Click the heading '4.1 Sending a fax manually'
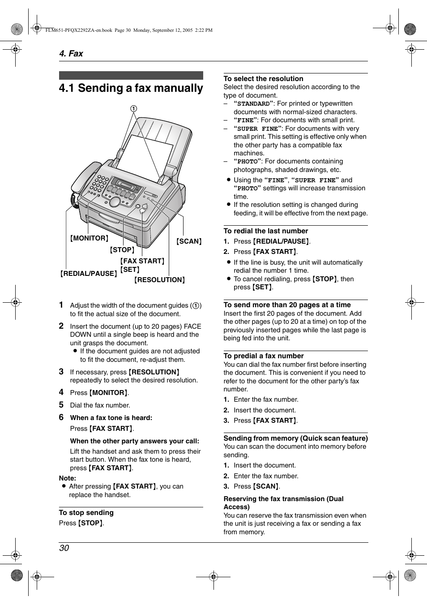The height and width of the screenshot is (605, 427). click(131, 88)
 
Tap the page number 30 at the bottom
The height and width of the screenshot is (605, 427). click(64, 548)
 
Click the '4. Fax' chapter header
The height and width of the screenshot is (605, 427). click(71, 53)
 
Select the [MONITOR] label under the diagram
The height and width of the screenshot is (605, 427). click(89, 238)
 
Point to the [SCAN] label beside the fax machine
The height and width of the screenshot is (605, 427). click(189, 241)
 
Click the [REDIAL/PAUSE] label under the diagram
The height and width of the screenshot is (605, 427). click(89, 273)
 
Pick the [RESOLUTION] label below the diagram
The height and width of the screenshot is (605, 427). click(160, 280)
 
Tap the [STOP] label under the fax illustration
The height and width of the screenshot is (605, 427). click(122, 250)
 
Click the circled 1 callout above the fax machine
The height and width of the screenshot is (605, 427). click(133, 108)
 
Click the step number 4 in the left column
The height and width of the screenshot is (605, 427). click(61, 392)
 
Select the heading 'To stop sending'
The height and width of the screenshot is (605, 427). click(86, 513)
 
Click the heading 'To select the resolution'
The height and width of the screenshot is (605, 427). click(263, 79)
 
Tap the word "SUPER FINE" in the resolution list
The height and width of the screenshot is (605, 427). click(257, 129)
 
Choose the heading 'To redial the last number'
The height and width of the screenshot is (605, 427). click(265, 231)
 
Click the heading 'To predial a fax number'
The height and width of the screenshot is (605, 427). click(263, 356)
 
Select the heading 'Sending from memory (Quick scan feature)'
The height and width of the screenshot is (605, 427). click(295, 438)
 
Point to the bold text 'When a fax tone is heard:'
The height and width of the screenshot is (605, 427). click(111, 418)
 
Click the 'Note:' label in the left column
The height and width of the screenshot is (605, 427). click(68, 478)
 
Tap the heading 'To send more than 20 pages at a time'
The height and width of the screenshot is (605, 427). click(287, 305)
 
